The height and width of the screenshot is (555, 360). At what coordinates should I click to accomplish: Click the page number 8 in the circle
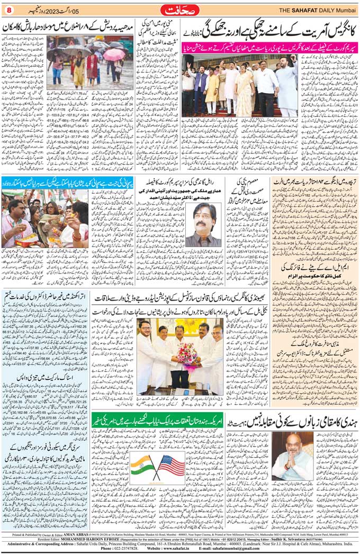coord(8,9)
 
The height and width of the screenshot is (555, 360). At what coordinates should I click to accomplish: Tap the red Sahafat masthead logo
coord(181,9)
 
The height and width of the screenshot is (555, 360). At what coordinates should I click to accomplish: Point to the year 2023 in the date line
coord(53,9)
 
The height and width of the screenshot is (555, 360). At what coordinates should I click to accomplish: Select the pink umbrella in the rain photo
coord(114,54)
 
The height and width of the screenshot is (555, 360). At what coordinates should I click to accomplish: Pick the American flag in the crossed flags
coord(170,466)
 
